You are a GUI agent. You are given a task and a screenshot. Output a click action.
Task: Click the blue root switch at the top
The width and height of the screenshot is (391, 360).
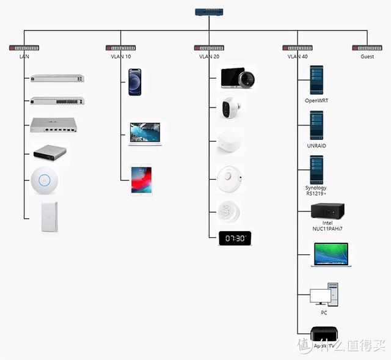click(208, 12)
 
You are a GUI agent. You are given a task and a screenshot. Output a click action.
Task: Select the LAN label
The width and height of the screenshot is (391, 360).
click(24, 57)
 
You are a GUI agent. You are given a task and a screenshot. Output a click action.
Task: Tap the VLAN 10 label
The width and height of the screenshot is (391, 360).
click(121, 57)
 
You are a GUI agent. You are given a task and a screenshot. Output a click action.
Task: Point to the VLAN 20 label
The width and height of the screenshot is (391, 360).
click(209, 57)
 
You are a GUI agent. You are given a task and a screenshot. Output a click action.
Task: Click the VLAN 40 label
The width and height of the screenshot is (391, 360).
click(298, 57)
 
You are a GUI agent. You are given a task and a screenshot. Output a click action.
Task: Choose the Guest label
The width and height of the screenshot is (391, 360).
click(367, 57)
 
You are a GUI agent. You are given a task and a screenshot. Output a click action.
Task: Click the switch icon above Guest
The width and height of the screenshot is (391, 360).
click(367, 48)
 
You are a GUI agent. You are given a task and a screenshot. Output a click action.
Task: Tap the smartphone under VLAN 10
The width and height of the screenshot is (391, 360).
click(136, 81)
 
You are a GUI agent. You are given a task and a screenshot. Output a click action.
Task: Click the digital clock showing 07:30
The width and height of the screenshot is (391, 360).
click(235, 238)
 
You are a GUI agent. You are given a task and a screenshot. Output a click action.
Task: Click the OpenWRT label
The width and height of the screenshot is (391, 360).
click(316, 100)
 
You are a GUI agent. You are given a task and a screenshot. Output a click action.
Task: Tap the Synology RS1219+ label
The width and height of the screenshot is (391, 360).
click(316, 191)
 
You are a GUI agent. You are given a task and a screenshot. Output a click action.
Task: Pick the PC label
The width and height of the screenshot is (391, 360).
click(324, 312)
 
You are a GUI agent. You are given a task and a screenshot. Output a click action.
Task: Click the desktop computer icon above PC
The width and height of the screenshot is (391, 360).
click(324, 295)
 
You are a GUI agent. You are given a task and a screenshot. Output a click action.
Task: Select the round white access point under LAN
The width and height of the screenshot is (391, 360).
click(44, 180)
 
